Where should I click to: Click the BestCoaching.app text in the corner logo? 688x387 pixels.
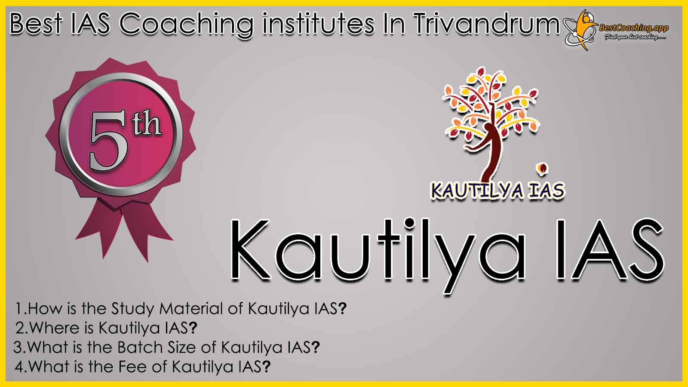[634, 28]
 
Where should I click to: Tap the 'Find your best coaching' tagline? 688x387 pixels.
[635, 37]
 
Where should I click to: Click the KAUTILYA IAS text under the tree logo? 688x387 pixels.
[498, 190]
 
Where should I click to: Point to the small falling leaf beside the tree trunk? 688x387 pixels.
[542, 169]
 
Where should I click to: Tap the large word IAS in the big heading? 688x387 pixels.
[610, 249]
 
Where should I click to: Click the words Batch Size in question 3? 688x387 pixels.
[157, 347]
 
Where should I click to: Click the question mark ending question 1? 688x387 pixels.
[342, 308]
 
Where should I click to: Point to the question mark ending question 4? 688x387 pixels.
[266, 366]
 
